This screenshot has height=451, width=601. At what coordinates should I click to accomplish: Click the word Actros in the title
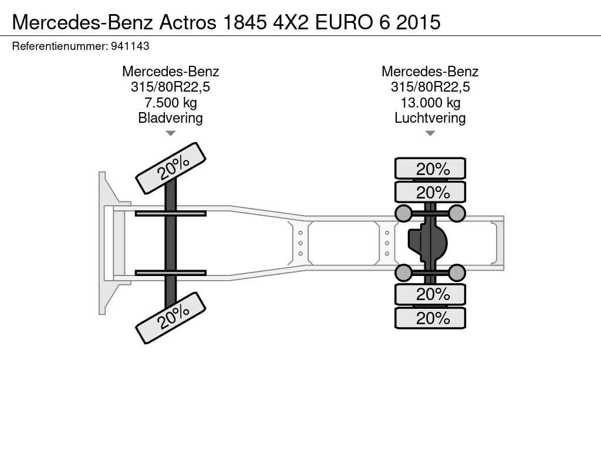187,22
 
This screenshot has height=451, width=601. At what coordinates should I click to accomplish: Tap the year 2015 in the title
418,22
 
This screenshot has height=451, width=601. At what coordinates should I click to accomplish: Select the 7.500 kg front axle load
170,103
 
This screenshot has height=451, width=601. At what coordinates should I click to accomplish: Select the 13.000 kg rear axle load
430,103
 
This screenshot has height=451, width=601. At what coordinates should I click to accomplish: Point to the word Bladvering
170,118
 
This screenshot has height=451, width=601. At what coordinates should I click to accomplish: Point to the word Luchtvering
430,118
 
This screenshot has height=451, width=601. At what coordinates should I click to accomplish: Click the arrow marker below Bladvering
170,133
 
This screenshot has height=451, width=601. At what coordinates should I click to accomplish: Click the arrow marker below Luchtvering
430,133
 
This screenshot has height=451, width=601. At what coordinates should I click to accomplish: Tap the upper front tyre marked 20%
171,168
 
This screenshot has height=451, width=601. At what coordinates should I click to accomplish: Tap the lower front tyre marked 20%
171,317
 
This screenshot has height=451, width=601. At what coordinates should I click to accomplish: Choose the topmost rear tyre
430,169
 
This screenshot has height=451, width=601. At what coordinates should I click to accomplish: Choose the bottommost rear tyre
430,318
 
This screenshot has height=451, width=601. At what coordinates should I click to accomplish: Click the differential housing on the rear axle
428,243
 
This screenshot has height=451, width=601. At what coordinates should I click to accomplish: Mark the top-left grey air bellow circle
404,213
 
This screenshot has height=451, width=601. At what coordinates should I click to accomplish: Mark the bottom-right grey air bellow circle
457,272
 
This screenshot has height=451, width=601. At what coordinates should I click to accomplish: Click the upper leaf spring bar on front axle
170,213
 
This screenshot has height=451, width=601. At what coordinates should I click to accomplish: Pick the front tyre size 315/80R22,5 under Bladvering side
170,87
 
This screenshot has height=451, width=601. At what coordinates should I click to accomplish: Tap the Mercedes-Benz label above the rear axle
430,72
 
